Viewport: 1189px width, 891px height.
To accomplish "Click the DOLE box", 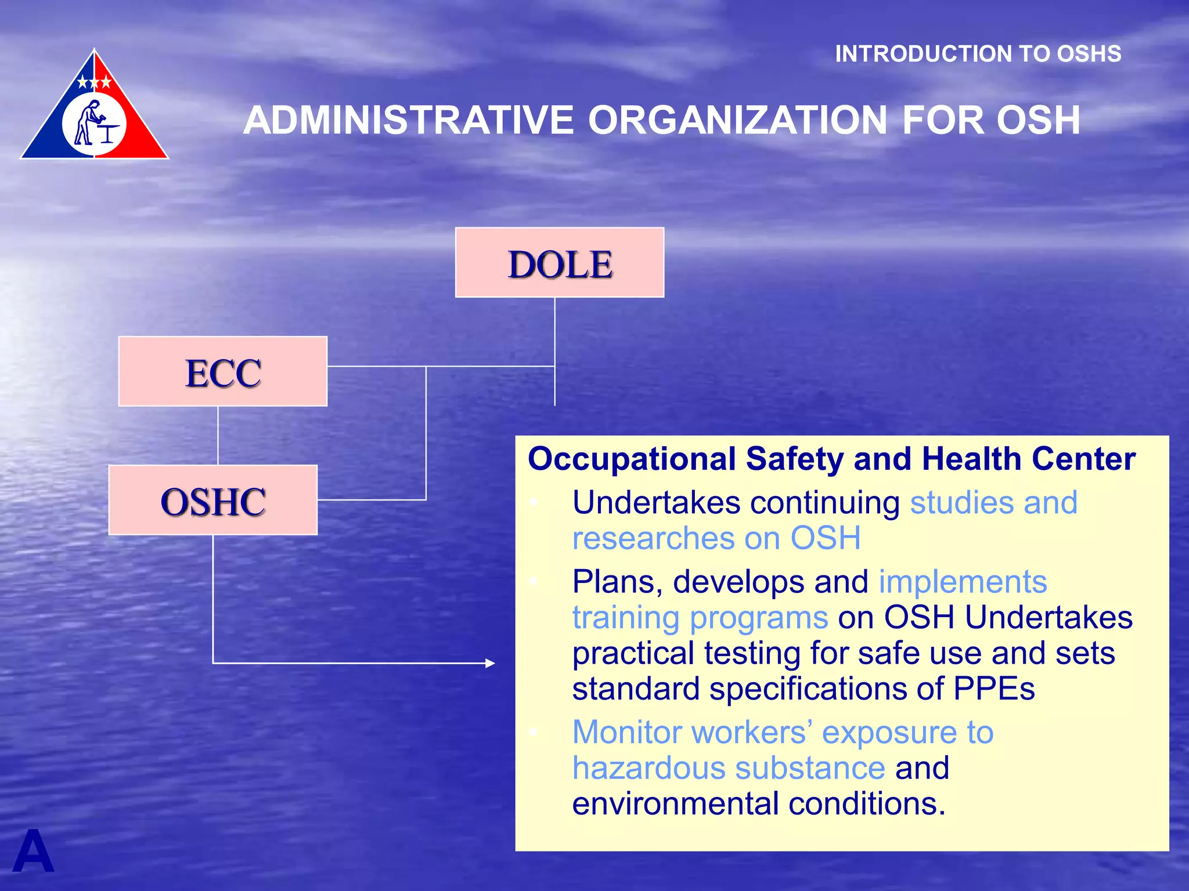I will point(560,263).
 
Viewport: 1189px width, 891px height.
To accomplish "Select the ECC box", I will point(223,371).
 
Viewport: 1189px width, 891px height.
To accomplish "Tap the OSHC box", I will point(213,500).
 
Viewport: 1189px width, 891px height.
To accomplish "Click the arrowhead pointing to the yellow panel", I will point(490,663).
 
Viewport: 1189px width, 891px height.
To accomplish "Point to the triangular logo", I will point(95,110).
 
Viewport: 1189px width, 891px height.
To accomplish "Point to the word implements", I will point(963,582).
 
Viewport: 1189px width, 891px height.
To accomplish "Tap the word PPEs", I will point(994,689).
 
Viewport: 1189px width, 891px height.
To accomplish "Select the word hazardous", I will point(648,768).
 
